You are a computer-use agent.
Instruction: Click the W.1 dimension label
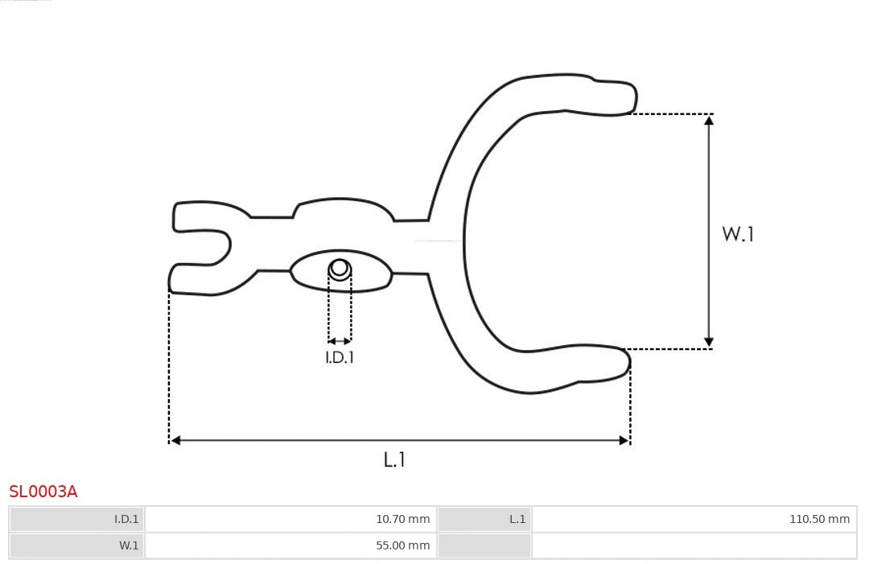(x=737, y=234)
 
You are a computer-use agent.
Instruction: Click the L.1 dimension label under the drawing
(x=394, y=459)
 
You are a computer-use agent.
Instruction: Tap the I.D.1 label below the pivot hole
(x=340, y=357)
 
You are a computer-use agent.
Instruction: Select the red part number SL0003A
(x=43, y=492)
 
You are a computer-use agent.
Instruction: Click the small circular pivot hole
(x=340, y=268)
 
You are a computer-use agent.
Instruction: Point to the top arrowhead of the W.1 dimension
(x=709, y=120)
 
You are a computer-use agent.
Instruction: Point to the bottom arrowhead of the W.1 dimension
(x=709, y=343)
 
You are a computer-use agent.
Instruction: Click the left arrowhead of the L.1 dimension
(x=175, y=440)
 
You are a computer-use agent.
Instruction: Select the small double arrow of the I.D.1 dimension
(x=340, y=341)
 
